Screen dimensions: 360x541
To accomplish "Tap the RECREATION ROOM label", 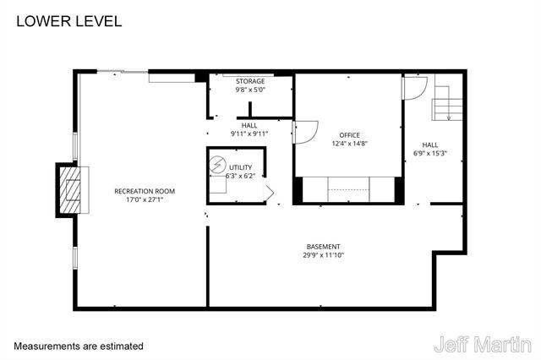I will [145, 191].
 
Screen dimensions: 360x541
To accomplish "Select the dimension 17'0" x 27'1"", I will [145, 200].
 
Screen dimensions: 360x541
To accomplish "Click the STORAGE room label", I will [249, 81].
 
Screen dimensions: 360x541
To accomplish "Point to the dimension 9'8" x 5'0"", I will [249, 90].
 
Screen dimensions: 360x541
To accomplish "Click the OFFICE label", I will [349, 135].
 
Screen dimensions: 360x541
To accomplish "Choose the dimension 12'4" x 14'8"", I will [349, 144].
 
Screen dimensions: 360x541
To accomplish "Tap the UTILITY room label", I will [240, 167].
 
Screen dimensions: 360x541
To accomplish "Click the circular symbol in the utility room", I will [218, 166].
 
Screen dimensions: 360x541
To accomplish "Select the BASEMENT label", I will [323, 247].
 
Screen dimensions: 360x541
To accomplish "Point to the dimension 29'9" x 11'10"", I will [323, 255].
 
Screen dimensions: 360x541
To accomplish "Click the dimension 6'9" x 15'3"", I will [430, 154].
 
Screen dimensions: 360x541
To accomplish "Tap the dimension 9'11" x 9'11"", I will [249, 134].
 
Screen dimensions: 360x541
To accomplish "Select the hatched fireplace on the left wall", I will [71, 191].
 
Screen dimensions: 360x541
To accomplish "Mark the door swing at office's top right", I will [415, 87].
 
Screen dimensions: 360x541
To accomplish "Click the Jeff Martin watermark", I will [482, 345].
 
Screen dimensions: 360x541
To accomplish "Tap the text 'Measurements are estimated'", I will [79, 346].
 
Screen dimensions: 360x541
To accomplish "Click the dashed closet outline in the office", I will [349, 189].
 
